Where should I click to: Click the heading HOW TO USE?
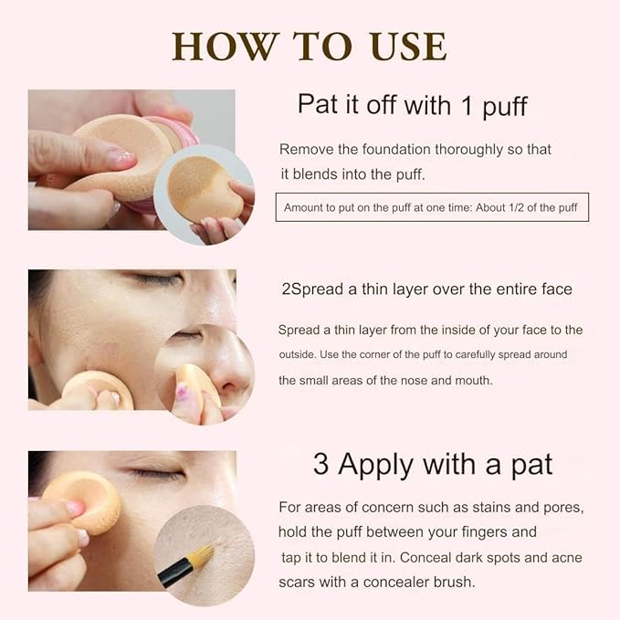tap(310, 45)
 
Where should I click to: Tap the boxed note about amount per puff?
tap(432, 207)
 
